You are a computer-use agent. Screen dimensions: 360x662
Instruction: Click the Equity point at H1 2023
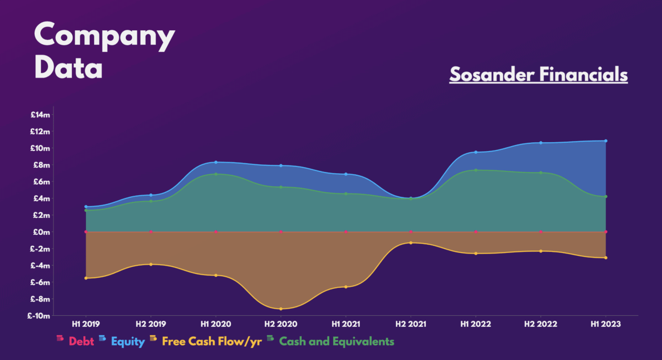tap(606, 141)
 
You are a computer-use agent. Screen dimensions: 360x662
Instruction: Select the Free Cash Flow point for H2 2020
tap(281, 309)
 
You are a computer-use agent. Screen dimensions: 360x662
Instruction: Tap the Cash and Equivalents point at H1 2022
tap(476, 170)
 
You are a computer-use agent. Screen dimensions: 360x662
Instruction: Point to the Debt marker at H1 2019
tap(86, 232)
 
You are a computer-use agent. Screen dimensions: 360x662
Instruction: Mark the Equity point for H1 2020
tap(216, 162)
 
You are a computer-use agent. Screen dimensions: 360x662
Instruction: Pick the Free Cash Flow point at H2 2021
tap(410, 243)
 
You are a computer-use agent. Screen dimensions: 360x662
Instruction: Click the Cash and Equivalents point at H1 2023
tap(606, 196)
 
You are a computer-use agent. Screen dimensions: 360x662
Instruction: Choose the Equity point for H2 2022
tap(541, 143)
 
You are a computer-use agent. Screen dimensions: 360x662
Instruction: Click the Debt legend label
tap(81, 342)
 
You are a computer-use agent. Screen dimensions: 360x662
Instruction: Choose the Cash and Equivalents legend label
tap(337, 342)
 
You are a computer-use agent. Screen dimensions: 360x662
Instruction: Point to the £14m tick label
tap(40, 115)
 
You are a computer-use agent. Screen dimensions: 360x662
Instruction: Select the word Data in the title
tap(69, 69)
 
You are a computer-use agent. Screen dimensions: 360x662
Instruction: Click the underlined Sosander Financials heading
tap(538, 74)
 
